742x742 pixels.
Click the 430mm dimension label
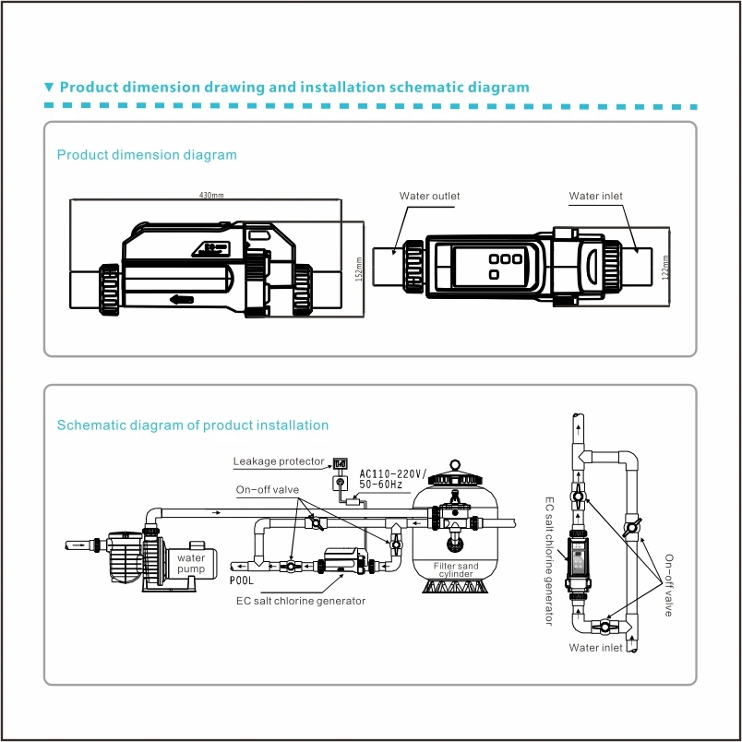pyautogui.click(x=212, y=195)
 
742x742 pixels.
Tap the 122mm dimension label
pyautogui.click(x=666, y=266)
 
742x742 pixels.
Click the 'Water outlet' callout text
pyautogui.click(x=429, y=196)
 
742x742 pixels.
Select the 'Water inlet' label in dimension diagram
pyautogui.click(x=596, y=196)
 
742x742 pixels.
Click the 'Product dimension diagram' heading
pyautogui.click(x=147, y=155)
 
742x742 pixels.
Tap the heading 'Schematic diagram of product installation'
pyautogui.click(x=192, y=425)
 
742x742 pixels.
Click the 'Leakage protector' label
pyautogui.click(x=279, y=461)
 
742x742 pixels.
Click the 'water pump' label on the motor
pyautogui.click(x=191, y=563)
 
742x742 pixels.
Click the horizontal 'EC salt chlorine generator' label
pyautogui.click(x=301, y=601)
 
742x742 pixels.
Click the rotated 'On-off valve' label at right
pyautogui.click(x=668, y=585)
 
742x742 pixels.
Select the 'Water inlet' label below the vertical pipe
pyautogui.click(x=596, y=648)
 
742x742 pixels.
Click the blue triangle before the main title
pyautogui.click(x=50, y=88)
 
